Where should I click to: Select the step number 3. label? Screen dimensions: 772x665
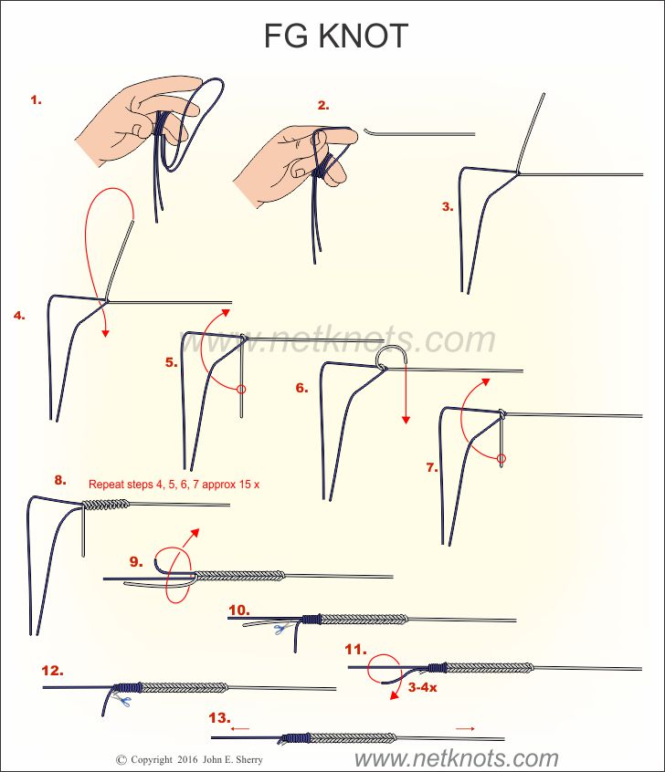[447, 207]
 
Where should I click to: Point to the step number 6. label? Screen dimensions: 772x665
[301, 388]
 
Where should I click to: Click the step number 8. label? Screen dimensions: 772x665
[60, 479]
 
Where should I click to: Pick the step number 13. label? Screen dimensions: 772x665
[219, 717]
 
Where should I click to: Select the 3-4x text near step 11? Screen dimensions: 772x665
[421, 687]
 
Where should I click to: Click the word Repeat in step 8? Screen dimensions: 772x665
[105, 484]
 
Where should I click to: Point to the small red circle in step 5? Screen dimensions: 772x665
[241, 390]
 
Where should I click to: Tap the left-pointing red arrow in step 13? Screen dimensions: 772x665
[240, 729]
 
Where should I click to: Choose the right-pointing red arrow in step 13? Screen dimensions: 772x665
[466, 728]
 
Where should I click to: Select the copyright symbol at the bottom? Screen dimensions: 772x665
[121, 759]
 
